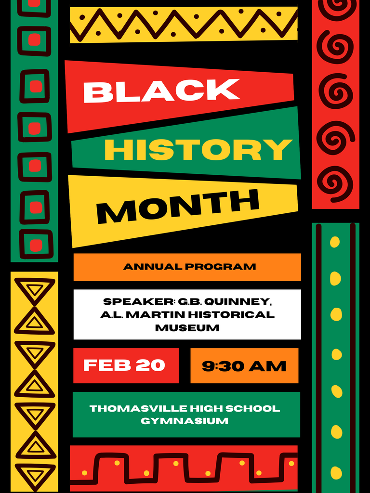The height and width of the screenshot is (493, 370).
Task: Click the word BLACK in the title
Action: tap(161, 91)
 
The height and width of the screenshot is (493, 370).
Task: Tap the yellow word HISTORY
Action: tap(198, 150)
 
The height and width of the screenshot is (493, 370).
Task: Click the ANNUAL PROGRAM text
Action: tap(189, 267)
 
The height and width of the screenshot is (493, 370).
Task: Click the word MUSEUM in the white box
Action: tap(187, 328)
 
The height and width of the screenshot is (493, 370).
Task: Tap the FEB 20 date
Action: tap(124, 365)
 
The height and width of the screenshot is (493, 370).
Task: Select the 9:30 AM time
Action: tap(244, 366)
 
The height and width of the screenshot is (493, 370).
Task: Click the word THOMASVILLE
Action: tap(132, 409)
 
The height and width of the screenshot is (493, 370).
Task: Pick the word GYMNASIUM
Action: tap(185, 421)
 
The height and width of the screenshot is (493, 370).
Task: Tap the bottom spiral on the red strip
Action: tap(335, 183)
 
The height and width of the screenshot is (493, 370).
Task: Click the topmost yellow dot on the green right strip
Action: tap(335, 242)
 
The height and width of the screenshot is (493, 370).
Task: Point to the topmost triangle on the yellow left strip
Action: tap(34, 290)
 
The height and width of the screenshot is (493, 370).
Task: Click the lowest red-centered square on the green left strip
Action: tap(36, 244)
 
